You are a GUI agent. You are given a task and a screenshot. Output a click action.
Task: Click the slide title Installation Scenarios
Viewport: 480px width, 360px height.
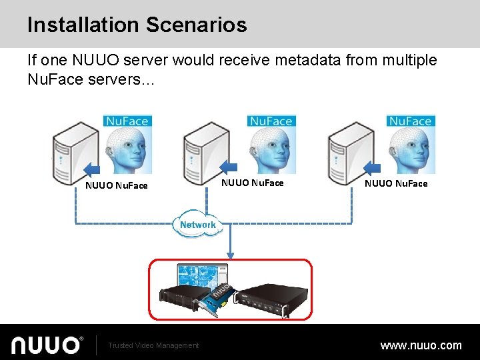point(137,25)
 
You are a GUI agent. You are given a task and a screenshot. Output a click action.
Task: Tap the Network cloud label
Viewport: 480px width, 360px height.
point(198,225)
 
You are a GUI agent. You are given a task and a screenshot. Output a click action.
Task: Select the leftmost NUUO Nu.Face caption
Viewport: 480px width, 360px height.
point(117,185)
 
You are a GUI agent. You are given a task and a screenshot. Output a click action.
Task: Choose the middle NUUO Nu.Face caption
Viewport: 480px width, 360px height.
point(252,183)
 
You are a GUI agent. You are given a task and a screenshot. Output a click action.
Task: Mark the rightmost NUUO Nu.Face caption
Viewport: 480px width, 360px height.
point(396,183)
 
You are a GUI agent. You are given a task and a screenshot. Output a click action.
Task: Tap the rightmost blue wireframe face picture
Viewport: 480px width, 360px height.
point(410,143)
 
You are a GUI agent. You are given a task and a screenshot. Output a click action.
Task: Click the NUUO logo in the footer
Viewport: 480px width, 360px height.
point(47,345)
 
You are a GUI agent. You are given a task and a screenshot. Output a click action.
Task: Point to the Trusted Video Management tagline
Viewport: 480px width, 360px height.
point(153,345)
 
